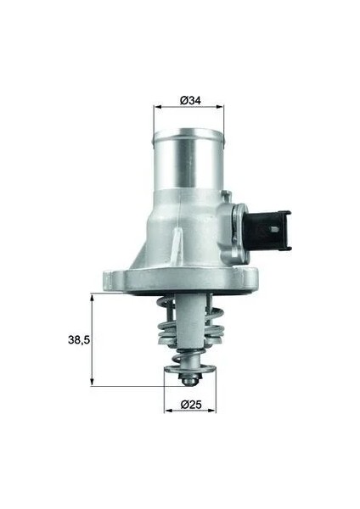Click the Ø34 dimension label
(190, 101)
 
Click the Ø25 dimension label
(191, 405)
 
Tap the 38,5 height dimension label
(79, 340)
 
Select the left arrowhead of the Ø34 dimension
(158, 106)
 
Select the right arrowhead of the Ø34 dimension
(220, 106)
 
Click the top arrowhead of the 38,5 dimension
(93, 298)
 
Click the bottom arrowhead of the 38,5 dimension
(93, 382)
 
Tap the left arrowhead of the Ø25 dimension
(168, 411)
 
